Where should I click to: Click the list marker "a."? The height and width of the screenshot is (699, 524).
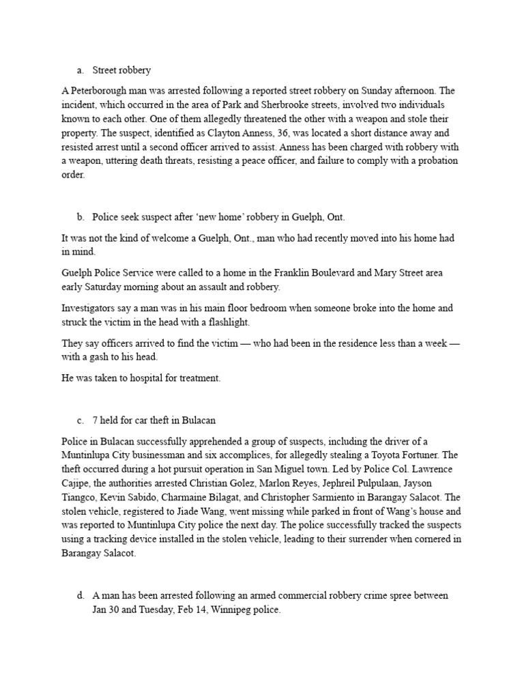point(80,70)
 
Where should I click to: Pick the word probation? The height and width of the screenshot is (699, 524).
point(433,160)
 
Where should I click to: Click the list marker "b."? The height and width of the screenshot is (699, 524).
point(80,217)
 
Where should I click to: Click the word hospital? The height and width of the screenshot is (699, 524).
point(137,378)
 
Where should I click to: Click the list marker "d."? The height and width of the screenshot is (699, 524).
point(80,596)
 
